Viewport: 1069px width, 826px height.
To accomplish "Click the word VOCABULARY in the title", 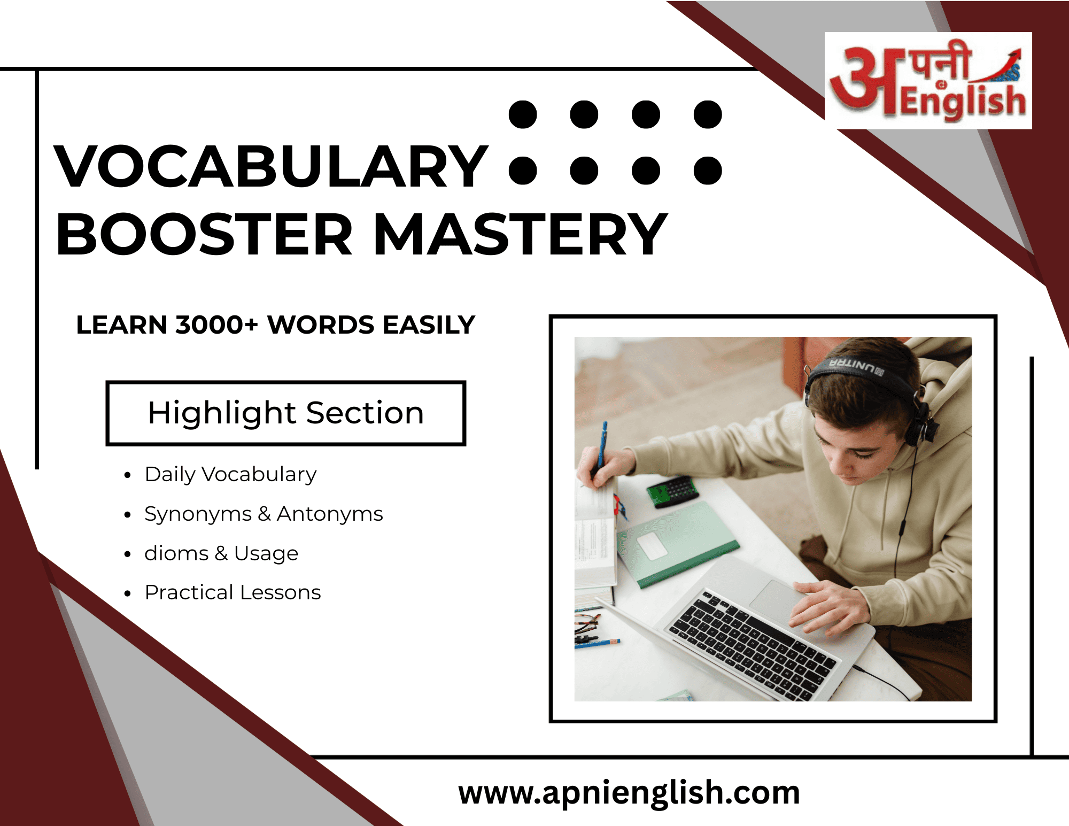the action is click(271, 167).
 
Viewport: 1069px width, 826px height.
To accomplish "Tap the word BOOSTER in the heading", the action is click(204, 234).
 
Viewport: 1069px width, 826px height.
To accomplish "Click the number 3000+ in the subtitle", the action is click(217, 325).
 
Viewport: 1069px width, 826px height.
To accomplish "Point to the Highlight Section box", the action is click(286, 413).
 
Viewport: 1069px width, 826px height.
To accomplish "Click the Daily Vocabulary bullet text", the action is click(230, 475).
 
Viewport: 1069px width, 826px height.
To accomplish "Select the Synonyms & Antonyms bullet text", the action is click(264, 514).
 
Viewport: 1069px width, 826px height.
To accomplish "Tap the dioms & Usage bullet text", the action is click(221, 553).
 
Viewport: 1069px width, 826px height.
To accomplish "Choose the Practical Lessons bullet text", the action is click(233, 592).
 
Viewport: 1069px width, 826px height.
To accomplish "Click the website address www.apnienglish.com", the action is click(629, 792).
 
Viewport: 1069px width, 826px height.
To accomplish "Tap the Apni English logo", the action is click(928, 81).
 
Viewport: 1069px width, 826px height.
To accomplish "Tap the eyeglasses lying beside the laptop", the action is click(587, 627).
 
